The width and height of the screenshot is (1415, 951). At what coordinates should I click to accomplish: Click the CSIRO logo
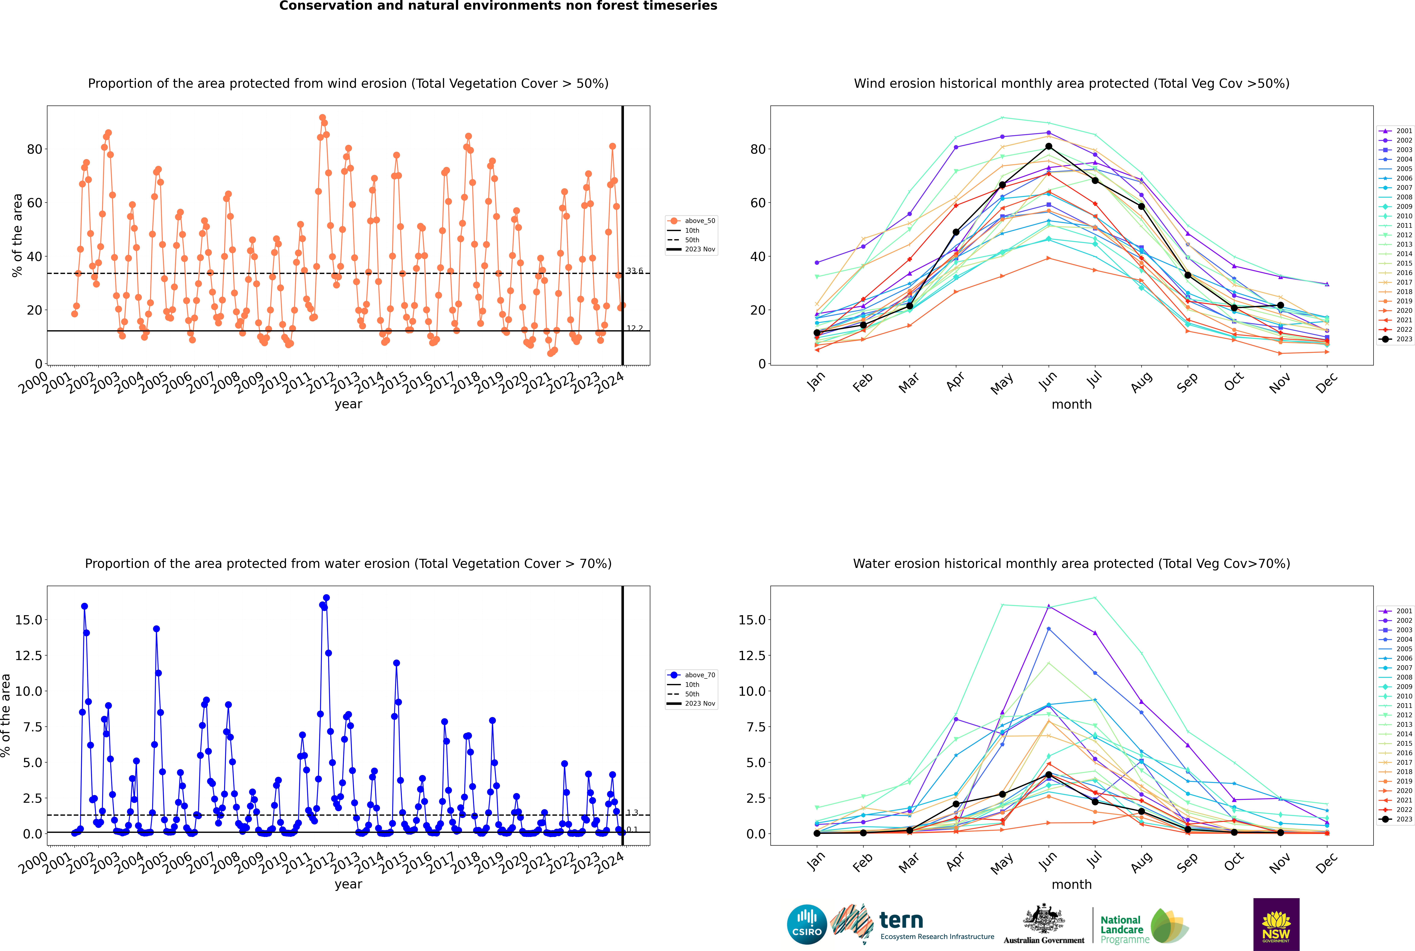coord(807,924)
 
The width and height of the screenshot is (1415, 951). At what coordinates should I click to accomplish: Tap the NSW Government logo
coord(1276,924)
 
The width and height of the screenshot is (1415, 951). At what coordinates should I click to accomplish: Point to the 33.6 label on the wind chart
coord(634,271)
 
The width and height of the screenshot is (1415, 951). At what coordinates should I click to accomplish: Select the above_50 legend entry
coord(691,221)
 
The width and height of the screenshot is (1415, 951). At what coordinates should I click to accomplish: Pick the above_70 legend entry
coord(691,674)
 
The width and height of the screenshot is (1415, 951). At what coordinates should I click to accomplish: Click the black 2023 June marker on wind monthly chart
coord(1049,146)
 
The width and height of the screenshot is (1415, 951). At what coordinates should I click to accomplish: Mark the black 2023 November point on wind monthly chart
coord(1280,305)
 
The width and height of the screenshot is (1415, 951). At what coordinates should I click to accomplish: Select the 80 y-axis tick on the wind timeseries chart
coord(35,149)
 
